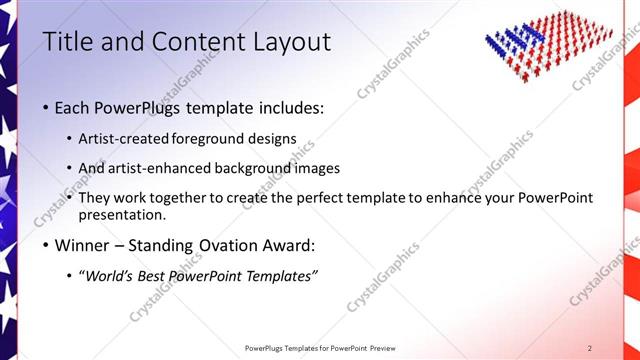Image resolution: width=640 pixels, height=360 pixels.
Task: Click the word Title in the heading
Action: pos(66,42)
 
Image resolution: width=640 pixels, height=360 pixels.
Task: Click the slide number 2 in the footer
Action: pos(590,348)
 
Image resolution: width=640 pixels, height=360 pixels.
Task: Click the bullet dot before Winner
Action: pos(46,245)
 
